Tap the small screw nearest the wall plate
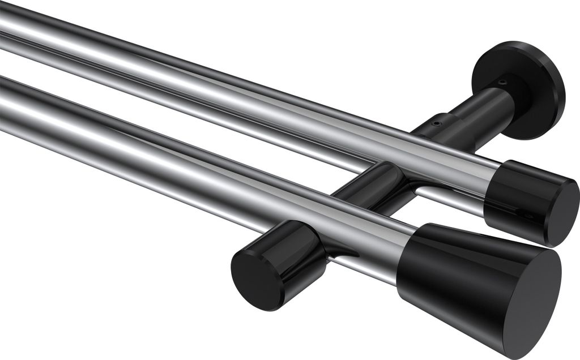coord(502,83)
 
